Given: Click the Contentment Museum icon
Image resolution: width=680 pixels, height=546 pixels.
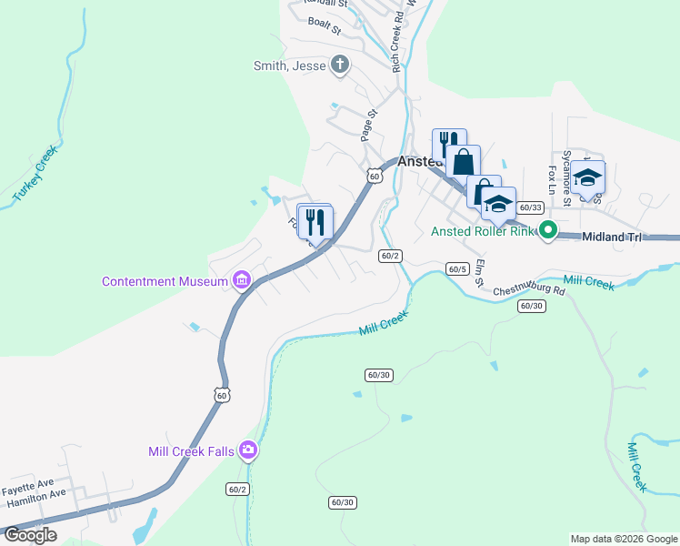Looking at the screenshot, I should [x=241, y=280].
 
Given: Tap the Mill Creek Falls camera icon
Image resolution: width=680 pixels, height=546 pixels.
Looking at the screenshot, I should [x=247, y=450].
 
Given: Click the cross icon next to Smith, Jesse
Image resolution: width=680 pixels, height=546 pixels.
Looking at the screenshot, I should [x=340, y=65].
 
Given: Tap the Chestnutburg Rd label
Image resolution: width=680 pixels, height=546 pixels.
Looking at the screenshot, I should [x=530, y=291].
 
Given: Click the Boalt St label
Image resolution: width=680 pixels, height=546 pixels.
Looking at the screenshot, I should [x=324, y=26].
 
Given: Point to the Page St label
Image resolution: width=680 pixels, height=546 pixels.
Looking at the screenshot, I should [x=367, y=126].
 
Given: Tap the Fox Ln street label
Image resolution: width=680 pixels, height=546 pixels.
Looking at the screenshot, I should [x=552, y=182].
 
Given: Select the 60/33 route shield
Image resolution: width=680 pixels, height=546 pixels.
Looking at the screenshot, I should [x=531, y=207].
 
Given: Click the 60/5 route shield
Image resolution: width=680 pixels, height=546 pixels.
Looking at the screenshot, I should [x=457, y=268].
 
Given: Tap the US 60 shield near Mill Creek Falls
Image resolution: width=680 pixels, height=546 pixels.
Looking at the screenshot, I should [x=223, y=395].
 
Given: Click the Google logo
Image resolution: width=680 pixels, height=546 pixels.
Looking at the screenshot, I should [x=30, y=535].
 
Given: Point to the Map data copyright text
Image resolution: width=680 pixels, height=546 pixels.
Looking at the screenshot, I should [x=623, y=539].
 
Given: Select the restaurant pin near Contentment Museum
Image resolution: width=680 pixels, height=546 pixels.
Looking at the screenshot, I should [x=315, y=221].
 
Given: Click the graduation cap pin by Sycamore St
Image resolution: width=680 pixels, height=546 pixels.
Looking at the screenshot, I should [x=588, y=177].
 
